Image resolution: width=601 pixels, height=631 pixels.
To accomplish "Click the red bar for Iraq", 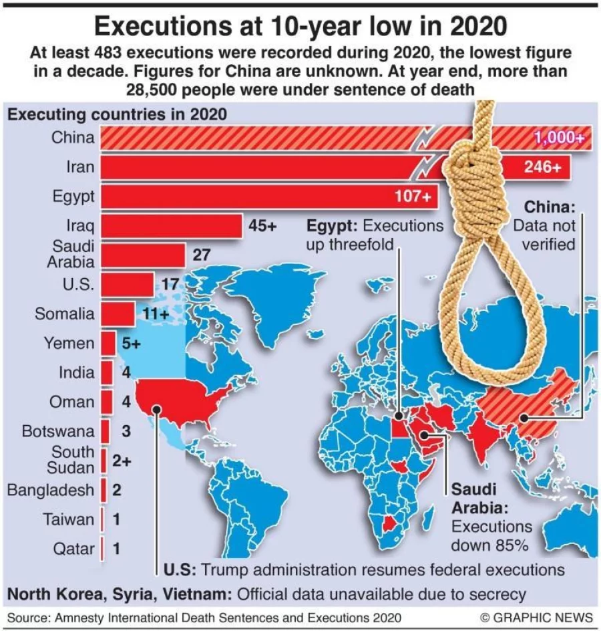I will coord(171,226).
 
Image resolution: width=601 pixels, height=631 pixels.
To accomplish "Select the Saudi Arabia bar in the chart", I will coord(142,255).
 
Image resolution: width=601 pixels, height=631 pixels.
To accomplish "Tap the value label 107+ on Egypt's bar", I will coord(413,197).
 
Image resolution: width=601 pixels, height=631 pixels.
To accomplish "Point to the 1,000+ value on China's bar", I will coord(559,138).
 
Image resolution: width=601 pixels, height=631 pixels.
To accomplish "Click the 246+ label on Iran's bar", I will coord(542,167).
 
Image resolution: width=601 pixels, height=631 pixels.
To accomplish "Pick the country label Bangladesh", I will coord(51,490).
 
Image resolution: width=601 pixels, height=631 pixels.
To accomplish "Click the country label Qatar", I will coord(73,549).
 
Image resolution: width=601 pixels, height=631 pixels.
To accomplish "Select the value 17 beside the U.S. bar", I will coord(170,284).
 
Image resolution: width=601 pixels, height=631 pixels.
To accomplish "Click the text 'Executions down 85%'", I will coord(491,535).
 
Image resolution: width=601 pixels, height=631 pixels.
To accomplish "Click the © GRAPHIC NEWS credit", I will coord(536,617).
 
